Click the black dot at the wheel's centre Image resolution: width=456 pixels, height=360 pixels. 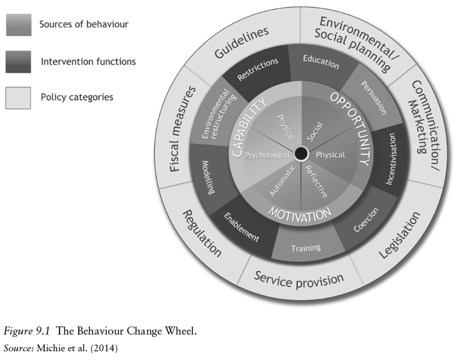(302, 153)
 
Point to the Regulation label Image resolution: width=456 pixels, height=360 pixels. (201, 233)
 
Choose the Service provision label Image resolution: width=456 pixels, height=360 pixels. (299, 277)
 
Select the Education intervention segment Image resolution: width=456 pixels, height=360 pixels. (321, 62)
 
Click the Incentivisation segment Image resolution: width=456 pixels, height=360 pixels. (391, 158)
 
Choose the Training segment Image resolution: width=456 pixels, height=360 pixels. (306, 248)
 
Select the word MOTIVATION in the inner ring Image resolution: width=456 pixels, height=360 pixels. (300, 215)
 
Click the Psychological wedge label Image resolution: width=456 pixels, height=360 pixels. (267, 155)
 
